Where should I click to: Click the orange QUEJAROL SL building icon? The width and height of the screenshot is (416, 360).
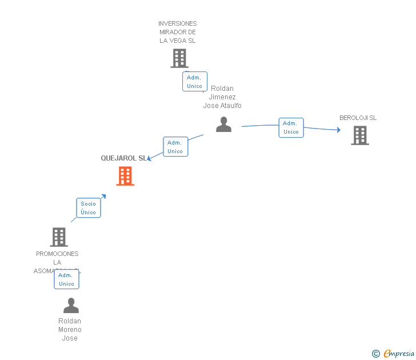125,176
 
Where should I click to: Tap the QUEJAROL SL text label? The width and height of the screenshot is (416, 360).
123,158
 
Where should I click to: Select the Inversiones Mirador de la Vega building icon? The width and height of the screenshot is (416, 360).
179,58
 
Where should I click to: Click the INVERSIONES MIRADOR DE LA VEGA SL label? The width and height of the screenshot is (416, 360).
178,32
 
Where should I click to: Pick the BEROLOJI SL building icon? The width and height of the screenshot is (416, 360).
359,135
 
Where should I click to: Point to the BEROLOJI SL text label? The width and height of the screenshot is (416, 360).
358,118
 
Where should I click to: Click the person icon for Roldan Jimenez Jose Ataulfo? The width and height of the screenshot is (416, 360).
223,125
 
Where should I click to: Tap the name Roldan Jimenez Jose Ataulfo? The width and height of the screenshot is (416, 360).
222,97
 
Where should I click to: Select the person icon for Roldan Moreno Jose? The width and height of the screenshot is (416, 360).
71,306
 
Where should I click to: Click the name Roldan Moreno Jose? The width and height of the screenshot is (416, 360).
70,330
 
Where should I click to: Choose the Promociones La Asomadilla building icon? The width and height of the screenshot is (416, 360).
59,237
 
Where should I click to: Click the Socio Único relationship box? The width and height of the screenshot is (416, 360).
89,208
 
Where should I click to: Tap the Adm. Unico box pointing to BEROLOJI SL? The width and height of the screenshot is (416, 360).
291,127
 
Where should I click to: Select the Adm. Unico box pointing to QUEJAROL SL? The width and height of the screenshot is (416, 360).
175,147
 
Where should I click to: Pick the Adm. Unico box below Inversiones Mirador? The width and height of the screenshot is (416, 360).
194,82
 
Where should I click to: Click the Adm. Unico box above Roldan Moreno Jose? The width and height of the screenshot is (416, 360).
66,279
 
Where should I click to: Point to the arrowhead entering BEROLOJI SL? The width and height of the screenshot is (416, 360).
338,130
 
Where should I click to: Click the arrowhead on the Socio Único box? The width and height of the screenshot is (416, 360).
103,197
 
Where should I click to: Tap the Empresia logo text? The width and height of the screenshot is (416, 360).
399,353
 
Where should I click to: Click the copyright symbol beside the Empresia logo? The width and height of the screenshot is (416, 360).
375,354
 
